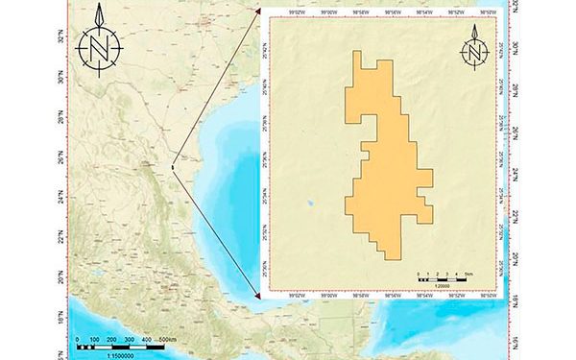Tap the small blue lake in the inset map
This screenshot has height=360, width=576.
(309, 203)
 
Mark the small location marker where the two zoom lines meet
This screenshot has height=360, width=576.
(172, 167)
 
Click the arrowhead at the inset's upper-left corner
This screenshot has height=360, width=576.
(256, 12)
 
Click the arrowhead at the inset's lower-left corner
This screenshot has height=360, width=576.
(256, 293)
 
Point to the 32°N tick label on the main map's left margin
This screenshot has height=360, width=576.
(62, 40)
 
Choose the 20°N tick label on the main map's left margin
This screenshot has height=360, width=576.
(62, 280)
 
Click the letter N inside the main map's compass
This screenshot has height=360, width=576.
(101, 46)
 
